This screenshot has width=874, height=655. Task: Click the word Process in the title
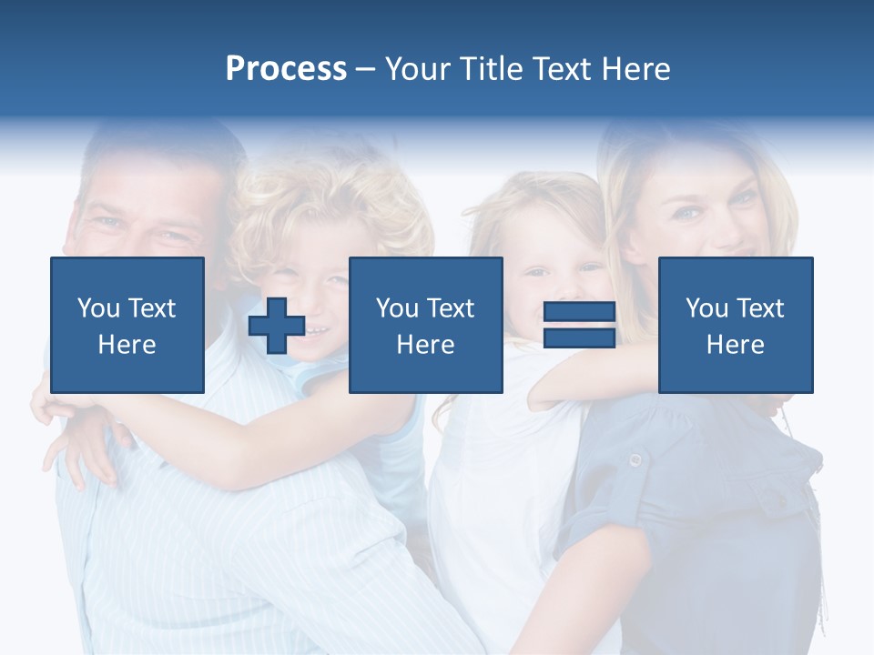coord(286,69)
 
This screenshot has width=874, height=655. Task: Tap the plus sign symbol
coord(277,326)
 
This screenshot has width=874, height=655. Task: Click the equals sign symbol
coord(579,325)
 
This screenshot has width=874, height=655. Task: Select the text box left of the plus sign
coord(127,325)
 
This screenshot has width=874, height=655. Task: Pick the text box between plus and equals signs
coord(425,325)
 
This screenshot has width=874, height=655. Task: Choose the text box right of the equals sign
coord(736,325)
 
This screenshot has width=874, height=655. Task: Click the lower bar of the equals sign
coord(579,338)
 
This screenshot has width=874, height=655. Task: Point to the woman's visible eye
coord(689,213)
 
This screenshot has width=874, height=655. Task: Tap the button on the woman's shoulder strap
coord(635,460)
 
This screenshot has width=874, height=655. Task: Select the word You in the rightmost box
coord(706,308)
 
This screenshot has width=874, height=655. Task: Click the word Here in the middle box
coord(425,345)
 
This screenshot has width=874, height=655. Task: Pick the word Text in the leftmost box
coord(151,308)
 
